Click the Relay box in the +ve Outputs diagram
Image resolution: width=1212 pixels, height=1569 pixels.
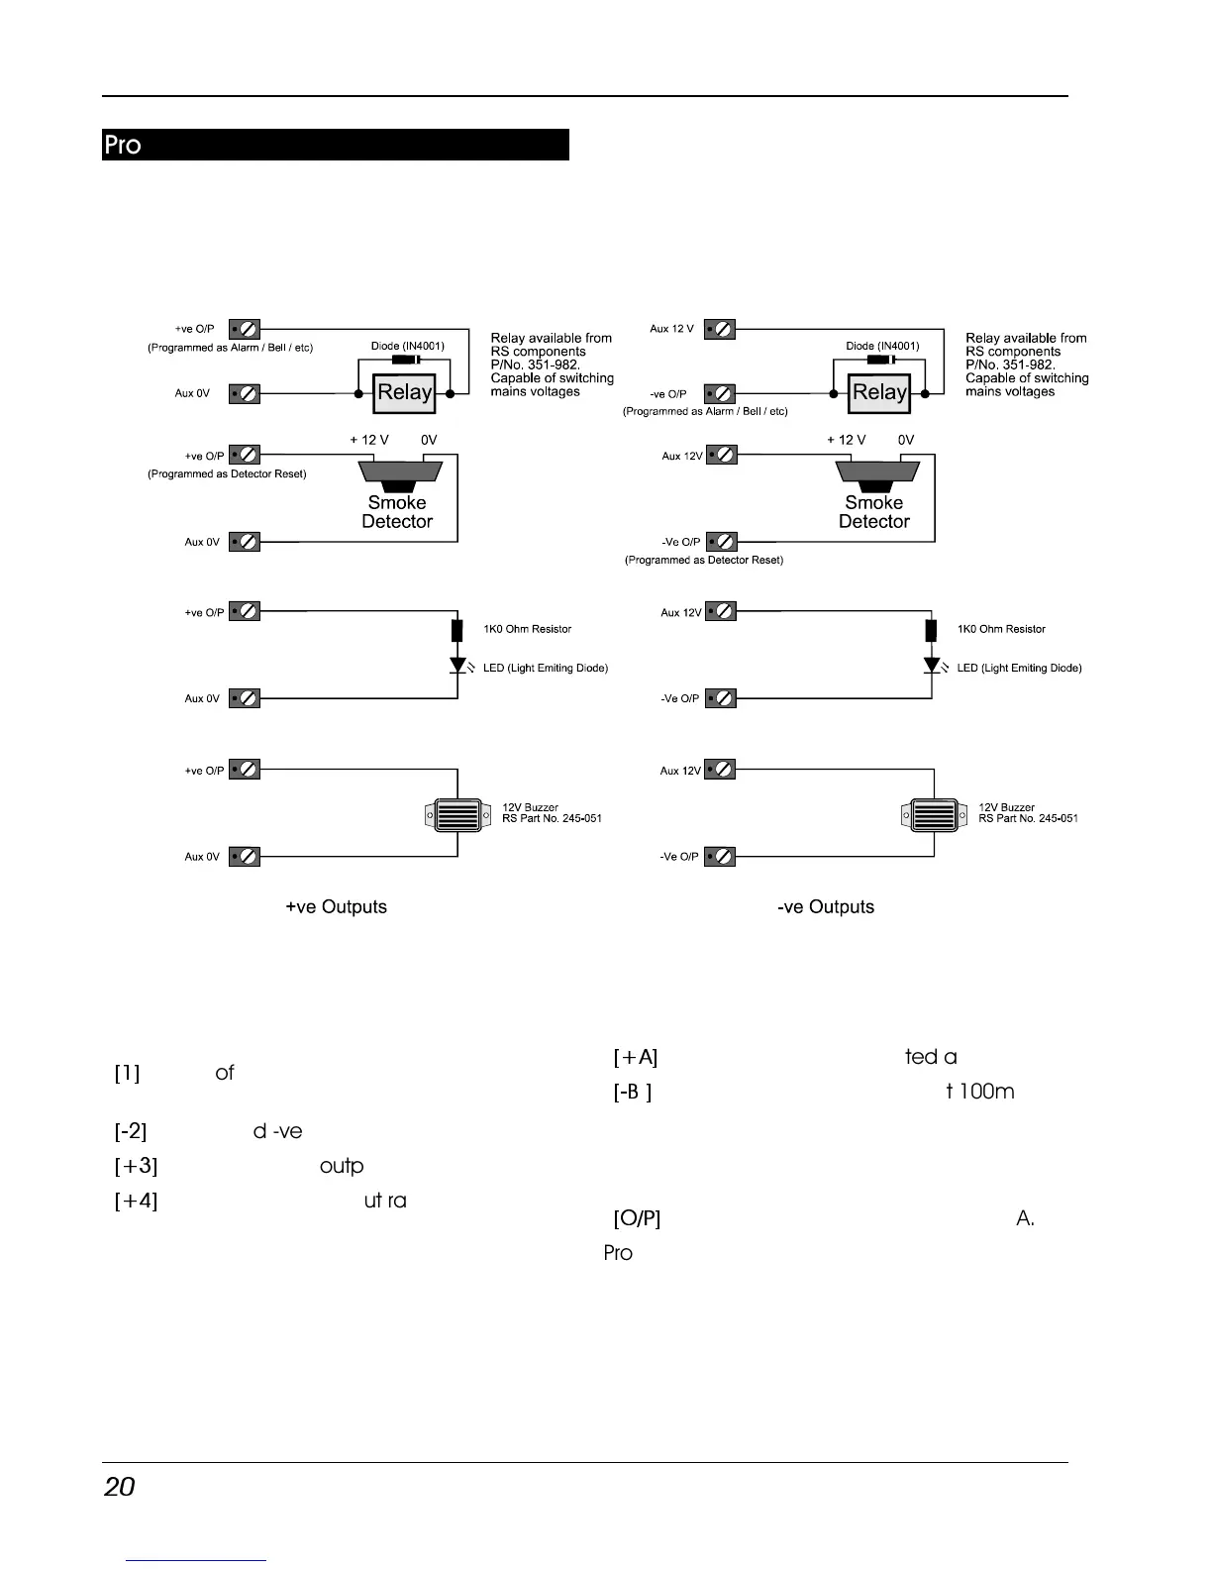tap(404, 393)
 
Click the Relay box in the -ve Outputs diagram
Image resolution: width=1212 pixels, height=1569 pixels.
tap(879, 393)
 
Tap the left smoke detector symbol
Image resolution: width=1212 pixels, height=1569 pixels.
tap(397, 474)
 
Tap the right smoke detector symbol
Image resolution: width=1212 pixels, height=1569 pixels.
tap(876, 474)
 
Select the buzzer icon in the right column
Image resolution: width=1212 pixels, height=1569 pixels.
tap(933, 816)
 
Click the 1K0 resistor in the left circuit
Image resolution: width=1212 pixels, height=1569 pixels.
tap(457, 630)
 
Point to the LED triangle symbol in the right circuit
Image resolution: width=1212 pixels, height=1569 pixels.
tap(932, 666)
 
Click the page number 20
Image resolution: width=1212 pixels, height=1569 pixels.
tap(120, 1487)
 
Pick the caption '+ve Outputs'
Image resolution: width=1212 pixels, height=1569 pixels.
tap(336, 907)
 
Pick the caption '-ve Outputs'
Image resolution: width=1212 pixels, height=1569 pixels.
tap(826, 907)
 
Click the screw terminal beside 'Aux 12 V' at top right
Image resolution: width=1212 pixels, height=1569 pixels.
tap(720, 329)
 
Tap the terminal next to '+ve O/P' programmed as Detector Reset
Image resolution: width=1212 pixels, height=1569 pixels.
tap(245, 456)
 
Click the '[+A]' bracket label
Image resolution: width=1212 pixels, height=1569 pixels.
tap(636, 1058)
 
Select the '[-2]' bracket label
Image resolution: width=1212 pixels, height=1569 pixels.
tap(131, 1131)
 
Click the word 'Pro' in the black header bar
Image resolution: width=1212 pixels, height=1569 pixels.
tap(123, 146)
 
